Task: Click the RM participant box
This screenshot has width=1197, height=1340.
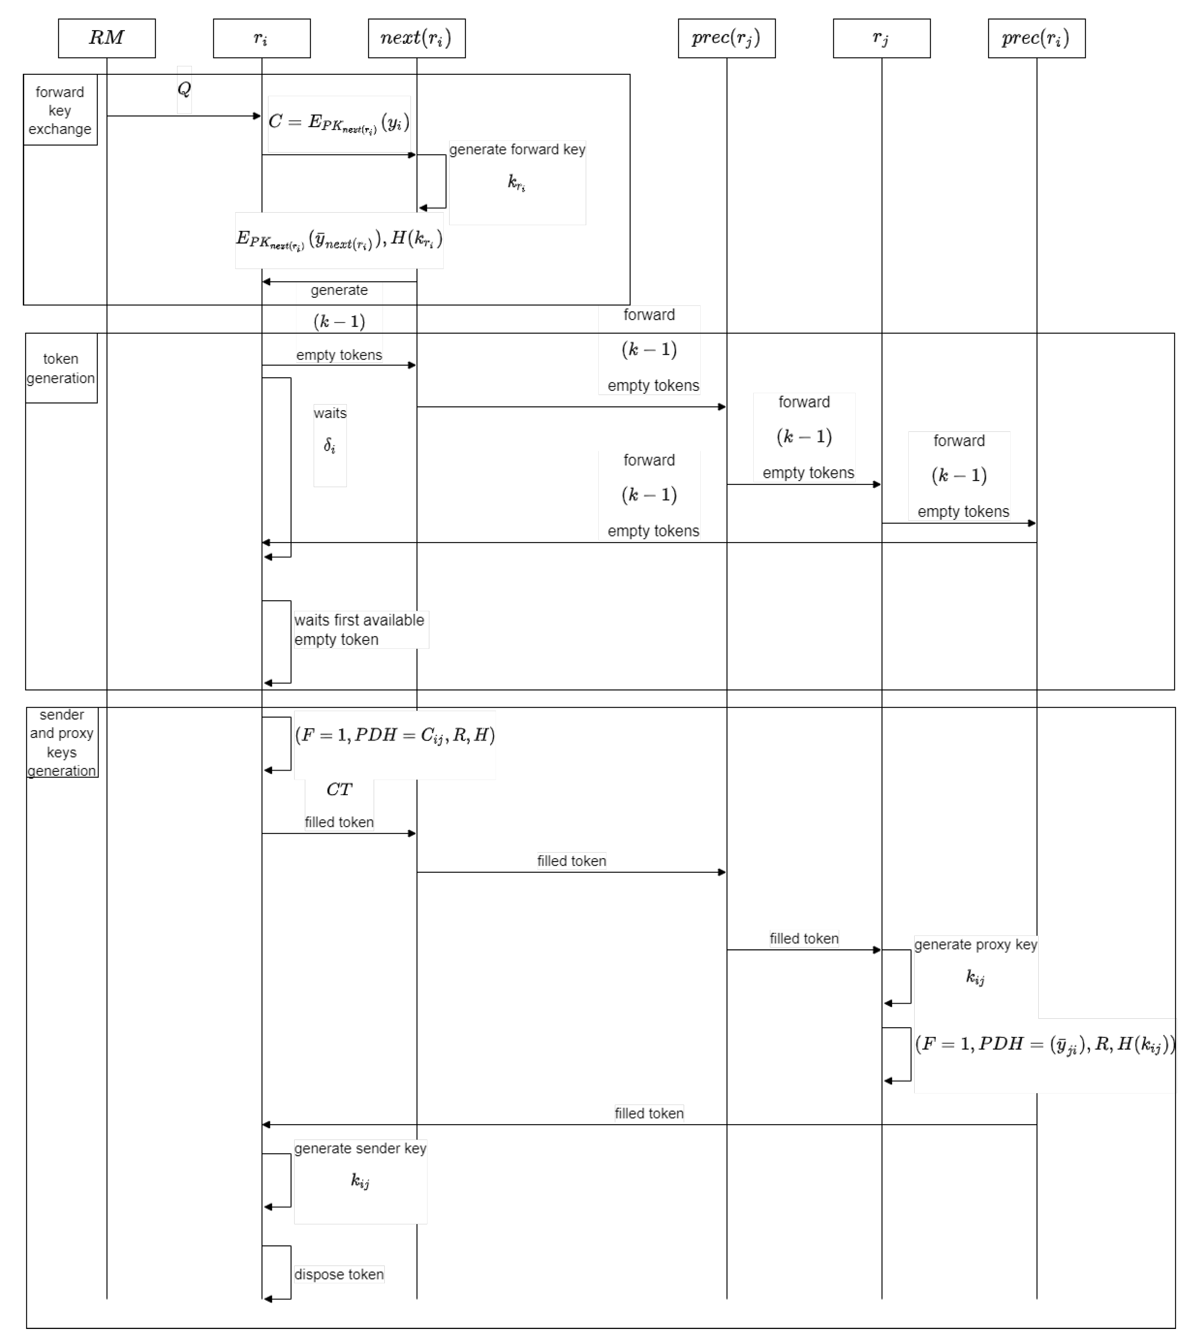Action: [x=106, y=38]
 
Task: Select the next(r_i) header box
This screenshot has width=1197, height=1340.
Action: [x=416, y=38]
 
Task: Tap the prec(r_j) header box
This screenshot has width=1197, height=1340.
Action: [x=726, y=38]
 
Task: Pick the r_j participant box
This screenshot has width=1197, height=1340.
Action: [x=881, y=38]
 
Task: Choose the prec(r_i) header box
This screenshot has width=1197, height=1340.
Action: [x=1036, y=38]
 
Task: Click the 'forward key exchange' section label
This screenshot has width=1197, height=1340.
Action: [x=60, y=110]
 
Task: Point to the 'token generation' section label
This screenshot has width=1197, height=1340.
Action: [x=60, y=368]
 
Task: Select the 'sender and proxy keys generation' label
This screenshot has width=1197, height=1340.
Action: [x=62, y=742]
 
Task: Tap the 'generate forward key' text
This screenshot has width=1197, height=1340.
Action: [x=517, y=150]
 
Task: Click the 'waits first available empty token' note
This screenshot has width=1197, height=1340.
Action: [x=359, y=630]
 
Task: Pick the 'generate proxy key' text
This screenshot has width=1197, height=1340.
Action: [x=975, y=944]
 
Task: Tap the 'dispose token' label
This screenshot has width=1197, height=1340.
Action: [x=339, y=1274]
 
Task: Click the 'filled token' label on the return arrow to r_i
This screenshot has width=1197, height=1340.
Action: [x=648, y=1113]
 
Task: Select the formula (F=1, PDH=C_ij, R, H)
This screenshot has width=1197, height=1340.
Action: [x=395, y=735]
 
